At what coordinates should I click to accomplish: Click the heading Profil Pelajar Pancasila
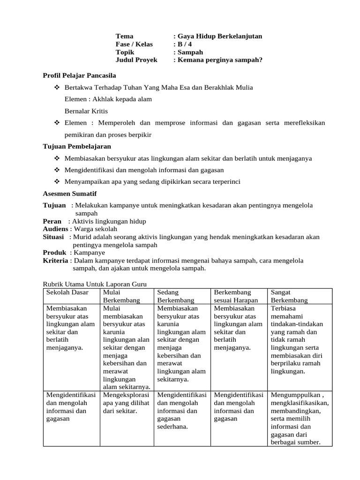pos(79,75)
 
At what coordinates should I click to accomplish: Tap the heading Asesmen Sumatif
pos(70,194)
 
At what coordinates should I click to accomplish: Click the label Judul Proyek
pos(136,60)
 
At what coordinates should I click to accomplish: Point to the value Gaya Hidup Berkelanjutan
pos(219,36)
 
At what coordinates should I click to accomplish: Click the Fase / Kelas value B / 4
pos(184,44)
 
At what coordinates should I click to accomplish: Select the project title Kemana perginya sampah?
pos(219,60)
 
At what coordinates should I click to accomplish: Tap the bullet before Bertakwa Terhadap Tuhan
pos(57,88)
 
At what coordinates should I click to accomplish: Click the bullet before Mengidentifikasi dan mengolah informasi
pos(57,170)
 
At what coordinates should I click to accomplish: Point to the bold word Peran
pos(52,221)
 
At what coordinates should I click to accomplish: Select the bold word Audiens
pos(56,229)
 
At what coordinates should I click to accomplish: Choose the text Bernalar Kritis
pos(86,111)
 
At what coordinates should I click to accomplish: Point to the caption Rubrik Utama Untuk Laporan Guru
pos(95,284)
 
